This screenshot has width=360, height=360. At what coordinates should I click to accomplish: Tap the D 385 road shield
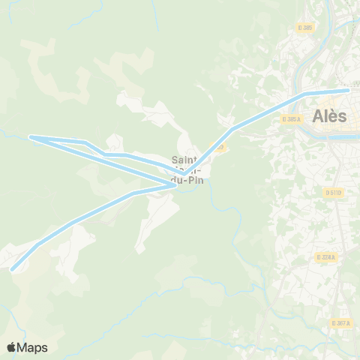(x=304, y=28)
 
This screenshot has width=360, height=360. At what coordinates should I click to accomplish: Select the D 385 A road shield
(x=292, y=118)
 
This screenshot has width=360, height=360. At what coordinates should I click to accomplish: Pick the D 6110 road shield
(x=333, y=192)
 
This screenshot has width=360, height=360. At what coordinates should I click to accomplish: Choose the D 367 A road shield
(x=340, y=322)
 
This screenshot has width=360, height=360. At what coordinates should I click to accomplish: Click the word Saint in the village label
(x=184, y=159)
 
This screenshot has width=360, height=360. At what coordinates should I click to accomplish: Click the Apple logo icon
(x=11, y=347)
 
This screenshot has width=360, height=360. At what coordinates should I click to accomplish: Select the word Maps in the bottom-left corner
(x=33, y=347)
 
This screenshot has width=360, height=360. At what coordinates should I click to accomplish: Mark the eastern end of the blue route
(x=348, y=91)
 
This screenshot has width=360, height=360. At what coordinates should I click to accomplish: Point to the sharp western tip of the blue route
(x=31, y=136)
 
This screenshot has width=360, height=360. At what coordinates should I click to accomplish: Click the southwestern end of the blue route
(x=12, y=268)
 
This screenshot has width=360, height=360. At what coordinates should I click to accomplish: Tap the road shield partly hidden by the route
(x=219, y=146)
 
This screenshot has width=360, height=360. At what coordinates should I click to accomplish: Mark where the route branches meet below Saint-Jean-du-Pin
(x=177, y=184)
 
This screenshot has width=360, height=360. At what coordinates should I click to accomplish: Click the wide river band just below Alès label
(x=330, y=137)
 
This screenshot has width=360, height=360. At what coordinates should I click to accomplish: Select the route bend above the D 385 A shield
(x=303, y=95)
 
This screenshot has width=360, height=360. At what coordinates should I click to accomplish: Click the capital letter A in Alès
(x=317, y=116)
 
